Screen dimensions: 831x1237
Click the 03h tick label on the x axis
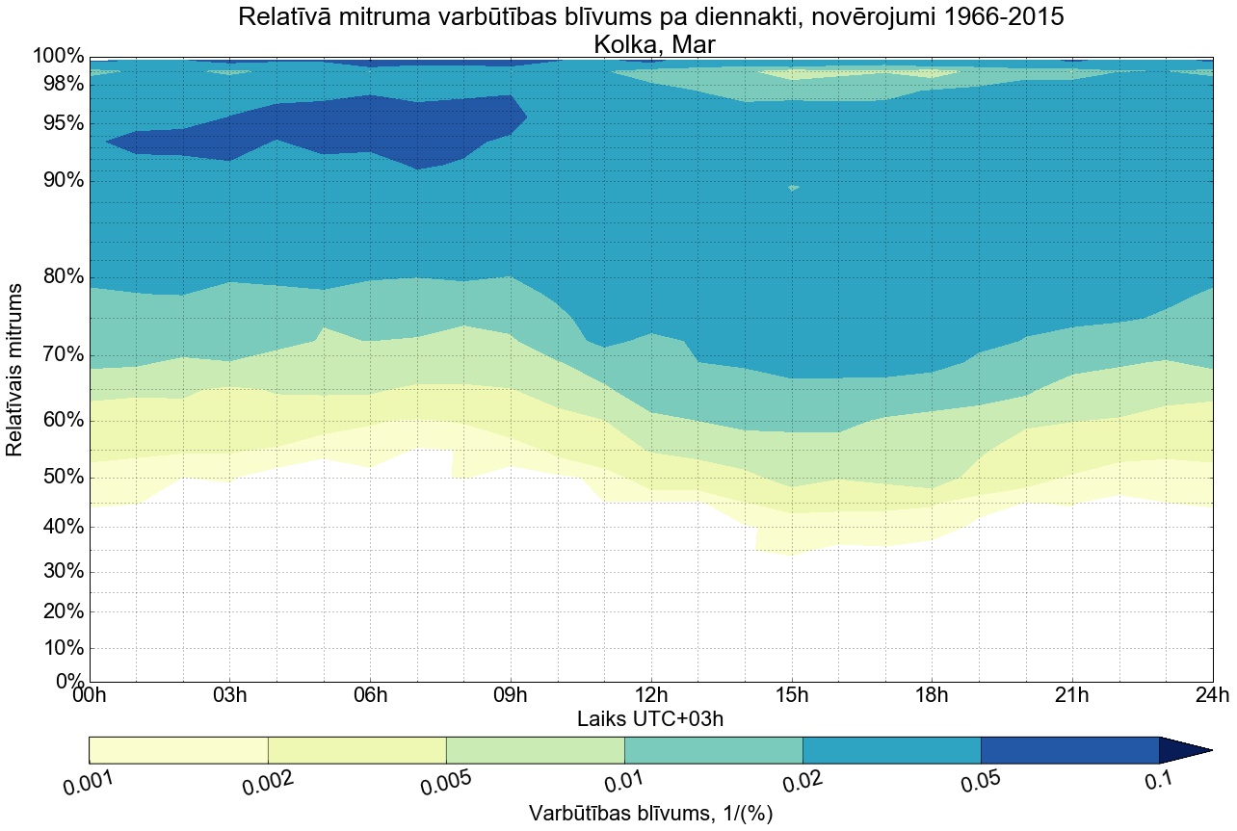(229, 696)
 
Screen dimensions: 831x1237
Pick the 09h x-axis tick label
(511, 696)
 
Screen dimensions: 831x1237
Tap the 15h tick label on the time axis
(792, 696)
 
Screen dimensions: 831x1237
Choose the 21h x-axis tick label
(1072, 696)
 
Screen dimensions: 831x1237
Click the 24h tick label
(1212, 696)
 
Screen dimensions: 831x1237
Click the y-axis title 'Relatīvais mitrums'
(15, 370)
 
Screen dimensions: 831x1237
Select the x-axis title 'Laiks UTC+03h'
(650, 718)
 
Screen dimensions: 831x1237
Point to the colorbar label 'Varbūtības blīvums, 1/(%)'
(650, 814)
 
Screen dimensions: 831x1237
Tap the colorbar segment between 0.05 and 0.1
(1069, 750)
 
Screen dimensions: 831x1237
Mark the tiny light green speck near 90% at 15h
(793, 188)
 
